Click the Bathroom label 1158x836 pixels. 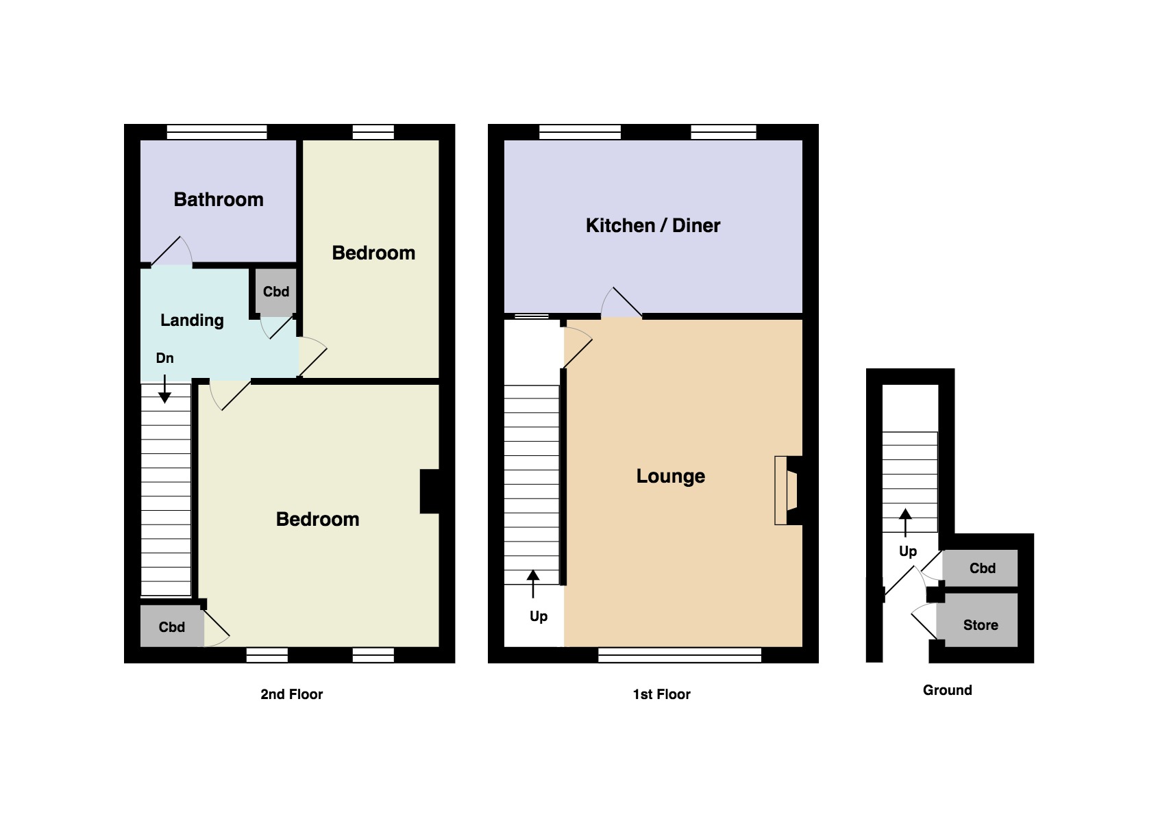(x=219, y=199)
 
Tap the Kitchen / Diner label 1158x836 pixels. (x=652, y=225)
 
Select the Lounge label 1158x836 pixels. (x=670, y=476)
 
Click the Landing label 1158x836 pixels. (x=192, y=320)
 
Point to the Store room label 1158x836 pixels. (x=980, y=624)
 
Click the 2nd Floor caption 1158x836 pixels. (x=291, y=694)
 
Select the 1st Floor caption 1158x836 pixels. (x=661, y=694)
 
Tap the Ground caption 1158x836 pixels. (x=947, y=689)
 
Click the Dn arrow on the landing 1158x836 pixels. (x=164, y=389)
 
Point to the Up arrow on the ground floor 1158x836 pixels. (x=906, y=522)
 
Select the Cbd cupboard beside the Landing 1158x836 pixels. (x=275, y=292)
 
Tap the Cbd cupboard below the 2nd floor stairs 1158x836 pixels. (x=171, y=626)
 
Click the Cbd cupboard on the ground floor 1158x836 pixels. (x=981, y=568)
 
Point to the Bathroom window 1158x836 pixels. (x=217, y=131)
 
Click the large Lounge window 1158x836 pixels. (x=679, y=655)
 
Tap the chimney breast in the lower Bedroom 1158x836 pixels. (x=430, y=491)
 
